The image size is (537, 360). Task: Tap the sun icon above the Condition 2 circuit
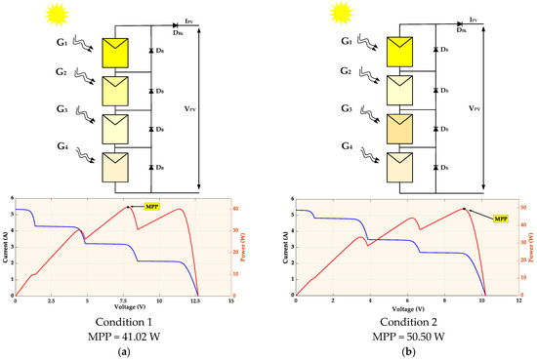pyautogui.click(x=341, y=13)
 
